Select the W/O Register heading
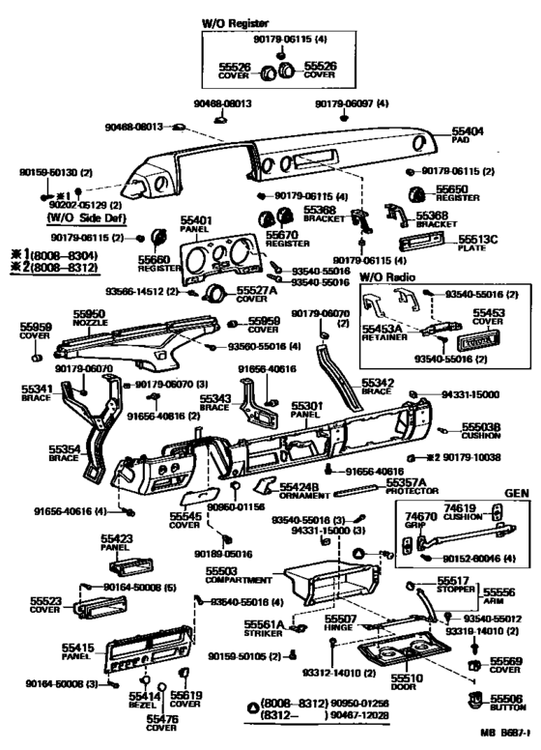point(236,21)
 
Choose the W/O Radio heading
point(386,277)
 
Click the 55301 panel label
point(306,412)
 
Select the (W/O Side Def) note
point(80,218)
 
